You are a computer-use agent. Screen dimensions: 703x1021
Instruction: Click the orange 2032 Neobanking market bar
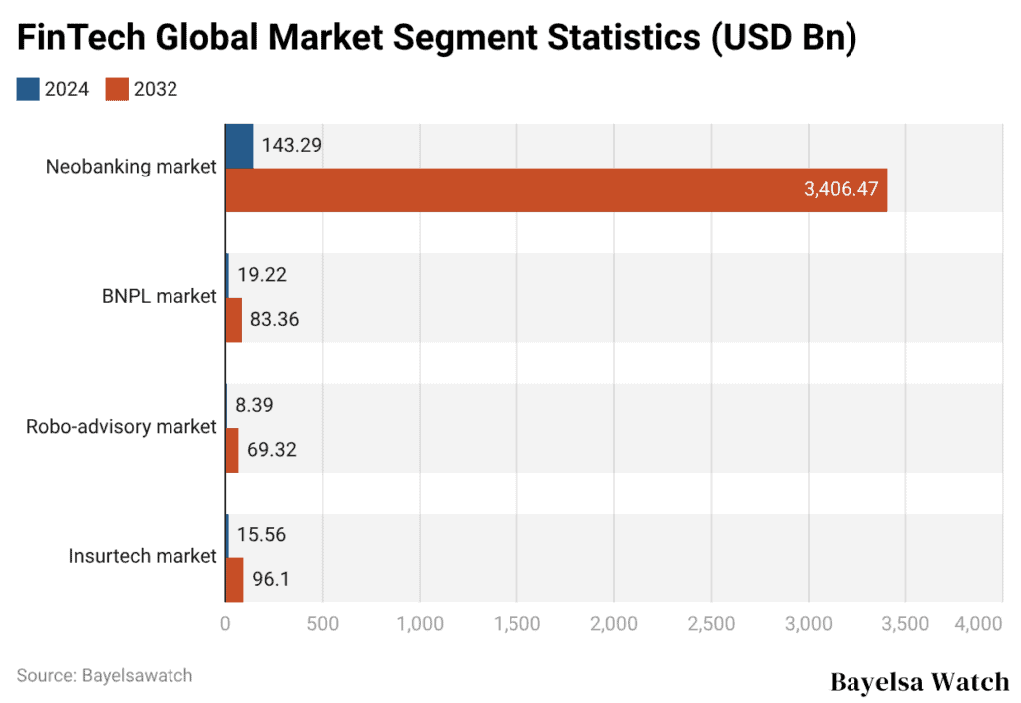[556, 189]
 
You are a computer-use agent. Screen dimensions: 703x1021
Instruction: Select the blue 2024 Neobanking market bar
[239, 146]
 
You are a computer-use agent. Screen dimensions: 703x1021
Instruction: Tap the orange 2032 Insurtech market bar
[234, 579]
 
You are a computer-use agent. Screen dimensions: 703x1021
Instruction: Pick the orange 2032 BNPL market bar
[233, 320]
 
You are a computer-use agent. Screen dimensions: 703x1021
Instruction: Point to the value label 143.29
[291, 146]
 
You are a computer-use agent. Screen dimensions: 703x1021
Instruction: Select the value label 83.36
[273, 320]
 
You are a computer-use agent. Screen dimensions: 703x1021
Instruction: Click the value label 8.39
[255, 406]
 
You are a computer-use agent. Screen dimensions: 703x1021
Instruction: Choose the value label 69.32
[271, 450]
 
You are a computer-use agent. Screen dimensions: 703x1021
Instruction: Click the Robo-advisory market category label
[121, 427]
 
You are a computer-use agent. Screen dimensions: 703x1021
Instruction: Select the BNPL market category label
[159, 296]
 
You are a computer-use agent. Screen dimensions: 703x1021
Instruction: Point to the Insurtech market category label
[143, 556]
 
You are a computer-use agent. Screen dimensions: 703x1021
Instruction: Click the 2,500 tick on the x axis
[711, 624]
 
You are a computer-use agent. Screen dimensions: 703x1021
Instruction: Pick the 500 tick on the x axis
[322, 624]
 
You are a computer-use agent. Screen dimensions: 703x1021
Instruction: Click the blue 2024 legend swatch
[28, 89]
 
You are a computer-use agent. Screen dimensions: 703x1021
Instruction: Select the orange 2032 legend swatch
[117, 89]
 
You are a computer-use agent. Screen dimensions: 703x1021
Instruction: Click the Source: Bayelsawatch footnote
[105, 675]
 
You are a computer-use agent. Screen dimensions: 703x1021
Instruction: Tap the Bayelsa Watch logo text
[918, 682]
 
